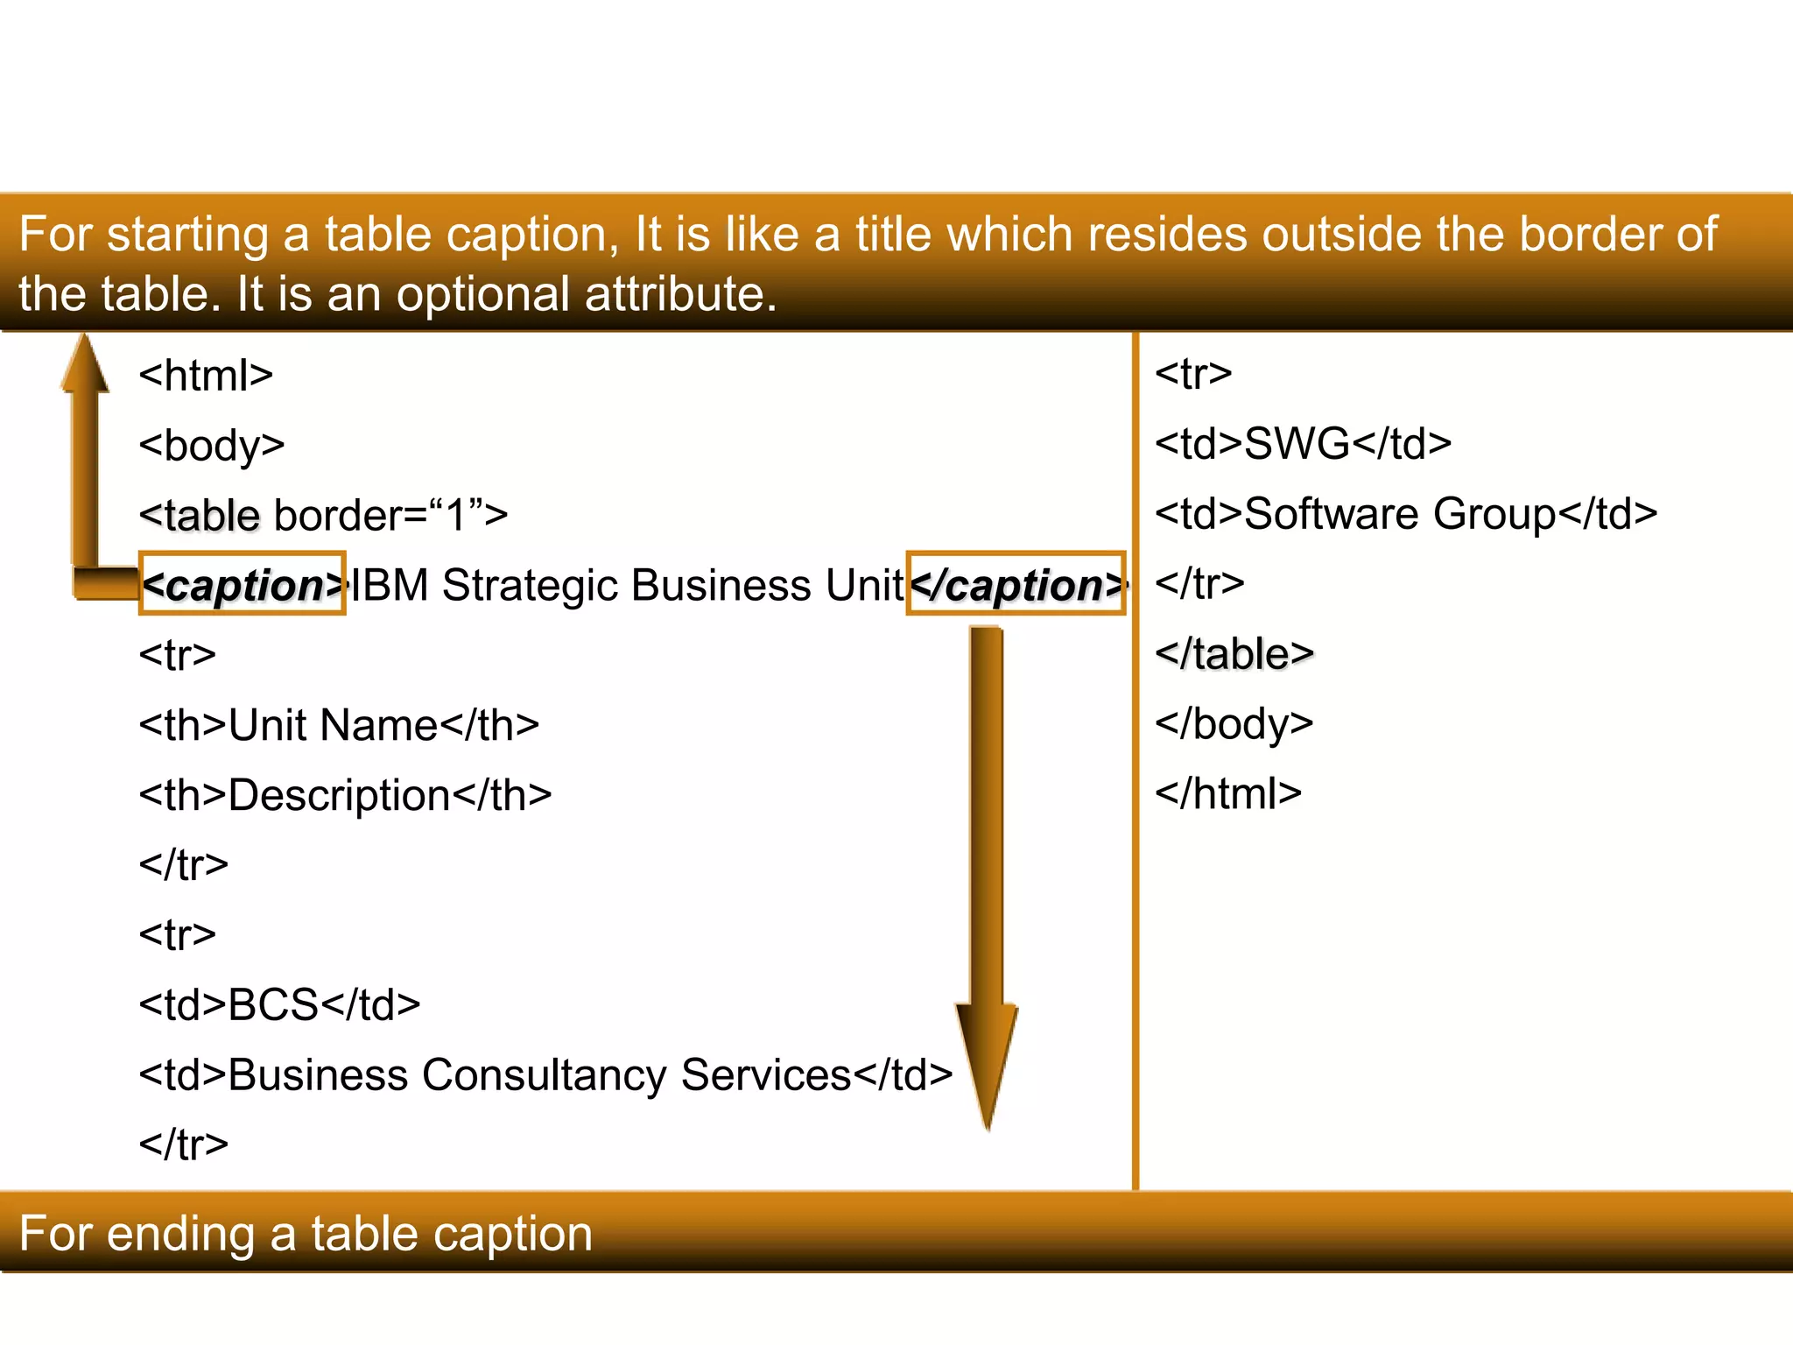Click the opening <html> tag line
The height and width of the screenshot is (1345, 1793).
206,376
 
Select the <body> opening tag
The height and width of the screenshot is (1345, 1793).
212,446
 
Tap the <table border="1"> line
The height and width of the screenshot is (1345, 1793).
323,515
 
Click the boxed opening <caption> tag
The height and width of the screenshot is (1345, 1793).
243,584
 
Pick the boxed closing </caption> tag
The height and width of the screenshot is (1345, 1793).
1016,584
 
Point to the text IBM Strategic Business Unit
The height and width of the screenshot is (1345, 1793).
627,585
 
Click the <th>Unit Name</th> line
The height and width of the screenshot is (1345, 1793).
339,725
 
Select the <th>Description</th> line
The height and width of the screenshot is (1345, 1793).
345,795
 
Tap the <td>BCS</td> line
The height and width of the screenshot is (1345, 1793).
279,1005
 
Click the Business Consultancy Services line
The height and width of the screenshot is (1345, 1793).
545,1075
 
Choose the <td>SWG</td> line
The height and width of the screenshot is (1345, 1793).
1303,444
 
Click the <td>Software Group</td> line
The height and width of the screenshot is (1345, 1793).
1406,514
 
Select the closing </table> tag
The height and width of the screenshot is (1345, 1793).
1234,654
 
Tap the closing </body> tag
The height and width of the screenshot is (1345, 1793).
1234,724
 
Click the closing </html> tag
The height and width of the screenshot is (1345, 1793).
1228,794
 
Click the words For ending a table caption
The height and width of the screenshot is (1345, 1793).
306,1234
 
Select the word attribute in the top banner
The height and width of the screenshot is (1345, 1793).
680,293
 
